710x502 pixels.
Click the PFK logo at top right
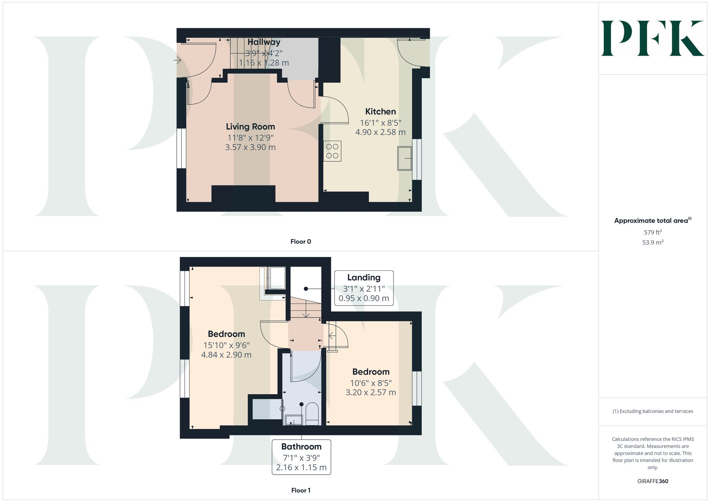coord(652,38)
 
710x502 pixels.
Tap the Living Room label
coord(250,127)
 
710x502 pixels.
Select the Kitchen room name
coord(381,111)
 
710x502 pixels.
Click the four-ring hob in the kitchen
coord(332,151)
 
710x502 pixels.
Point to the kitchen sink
coord(404,158)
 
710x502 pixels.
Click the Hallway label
coord(264,42)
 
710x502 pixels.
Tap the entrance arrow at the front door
coord(177,60)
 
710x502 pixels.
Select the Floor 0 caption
coord(301,242)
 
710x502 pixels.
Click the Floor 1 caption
coord(301,490)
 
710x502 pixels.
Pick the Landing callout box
coord(364,288)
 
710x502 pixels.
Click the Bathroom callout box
coord(301,457)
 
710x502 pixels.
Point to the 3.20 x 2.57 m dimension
coord(371,392)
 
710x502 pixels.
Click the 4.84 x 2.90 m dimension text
coord(226,355)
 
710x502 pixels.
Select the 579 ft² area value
coord(652,232)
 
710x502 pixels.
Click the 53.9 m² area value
coord(652,243)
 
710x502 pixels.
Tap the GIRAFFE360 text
coord(652,481)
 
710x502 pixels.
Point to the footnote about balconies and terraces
coord(652,411)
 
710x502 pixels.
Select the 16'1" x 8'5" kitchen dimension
coord(381,123)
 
